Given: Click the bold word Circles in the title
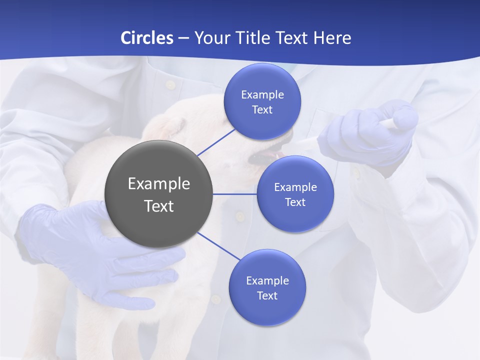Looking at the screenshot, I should click(147, 37).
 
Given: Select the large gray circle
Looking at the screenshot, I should click(158, 194).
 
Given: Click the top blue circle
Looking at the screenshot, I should click(262, 101).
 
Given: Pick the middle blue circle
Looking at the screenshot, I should click(295, 194).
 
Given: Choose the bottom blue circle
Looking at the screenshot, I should click(267, 287).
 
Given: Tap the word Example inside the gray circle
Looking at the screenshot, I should click(158, 183).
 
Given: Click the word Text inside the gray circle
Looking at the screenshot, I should click(158, 205).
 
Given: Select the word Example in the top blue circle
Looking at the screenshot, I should click(262, 94).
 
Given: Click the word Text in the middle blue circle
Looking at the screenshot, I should click(295, 202).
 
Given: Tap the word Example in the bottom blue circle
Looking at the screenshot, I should click(267, 280).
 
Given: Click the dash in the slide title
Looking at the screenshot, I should click(183, 38).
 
